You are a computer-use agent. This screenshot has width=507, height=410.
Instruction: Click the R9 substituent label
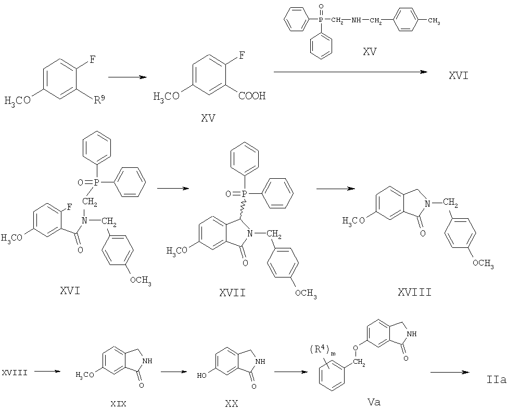pyautogui.click(x=99, y=100)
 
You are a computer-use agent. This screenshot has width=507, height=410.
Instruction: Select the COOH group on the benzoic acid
pyautogui.click(x=252, y=96)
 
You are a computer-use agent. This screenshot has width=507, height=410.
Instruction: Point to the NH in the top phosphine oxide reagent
pyautogui.click(x=357, y=21)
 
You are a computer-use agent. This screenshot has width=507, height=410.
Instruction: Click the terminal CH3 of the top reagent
pyautogui.click(x=434, y=21)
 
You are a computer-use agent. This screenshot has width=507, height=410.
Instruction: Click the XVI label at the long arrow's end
pyautogui.click(x=458, y=76)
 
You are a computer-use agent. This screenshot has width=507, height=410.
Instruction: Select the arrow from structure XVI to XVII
pyautogui.click(x=173, y=188)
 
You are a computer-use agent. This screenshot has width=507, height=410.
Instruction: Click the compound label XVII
pyautogui.click(x=232, y=293)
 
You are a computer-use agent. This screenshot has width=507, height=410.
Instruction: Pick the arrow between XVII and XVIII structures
pyautogui.click(x=335, y=189)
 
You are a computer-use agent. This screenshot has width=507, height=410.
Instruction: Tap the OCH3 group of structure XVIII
pyautogui.click(x=483, y=263)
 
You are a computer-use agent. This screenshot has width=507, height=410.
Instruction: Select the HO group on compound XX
pyautogui.click(x=202, y=376)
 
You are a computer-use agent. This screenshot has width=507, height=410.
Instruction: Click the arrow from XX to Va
pyautogui.click(x=290, y=372)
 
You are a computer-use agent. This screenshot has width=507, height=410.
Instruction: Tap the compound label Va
pyautogui.click(x=374, y=402)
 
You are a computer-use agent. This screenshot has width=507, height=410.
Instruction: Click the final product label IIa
pyautogui.click(x=497, y=380)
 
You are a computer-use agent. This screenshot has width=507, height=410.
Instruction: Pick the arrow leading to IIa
pyautogui.click(x=449, y=372)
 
